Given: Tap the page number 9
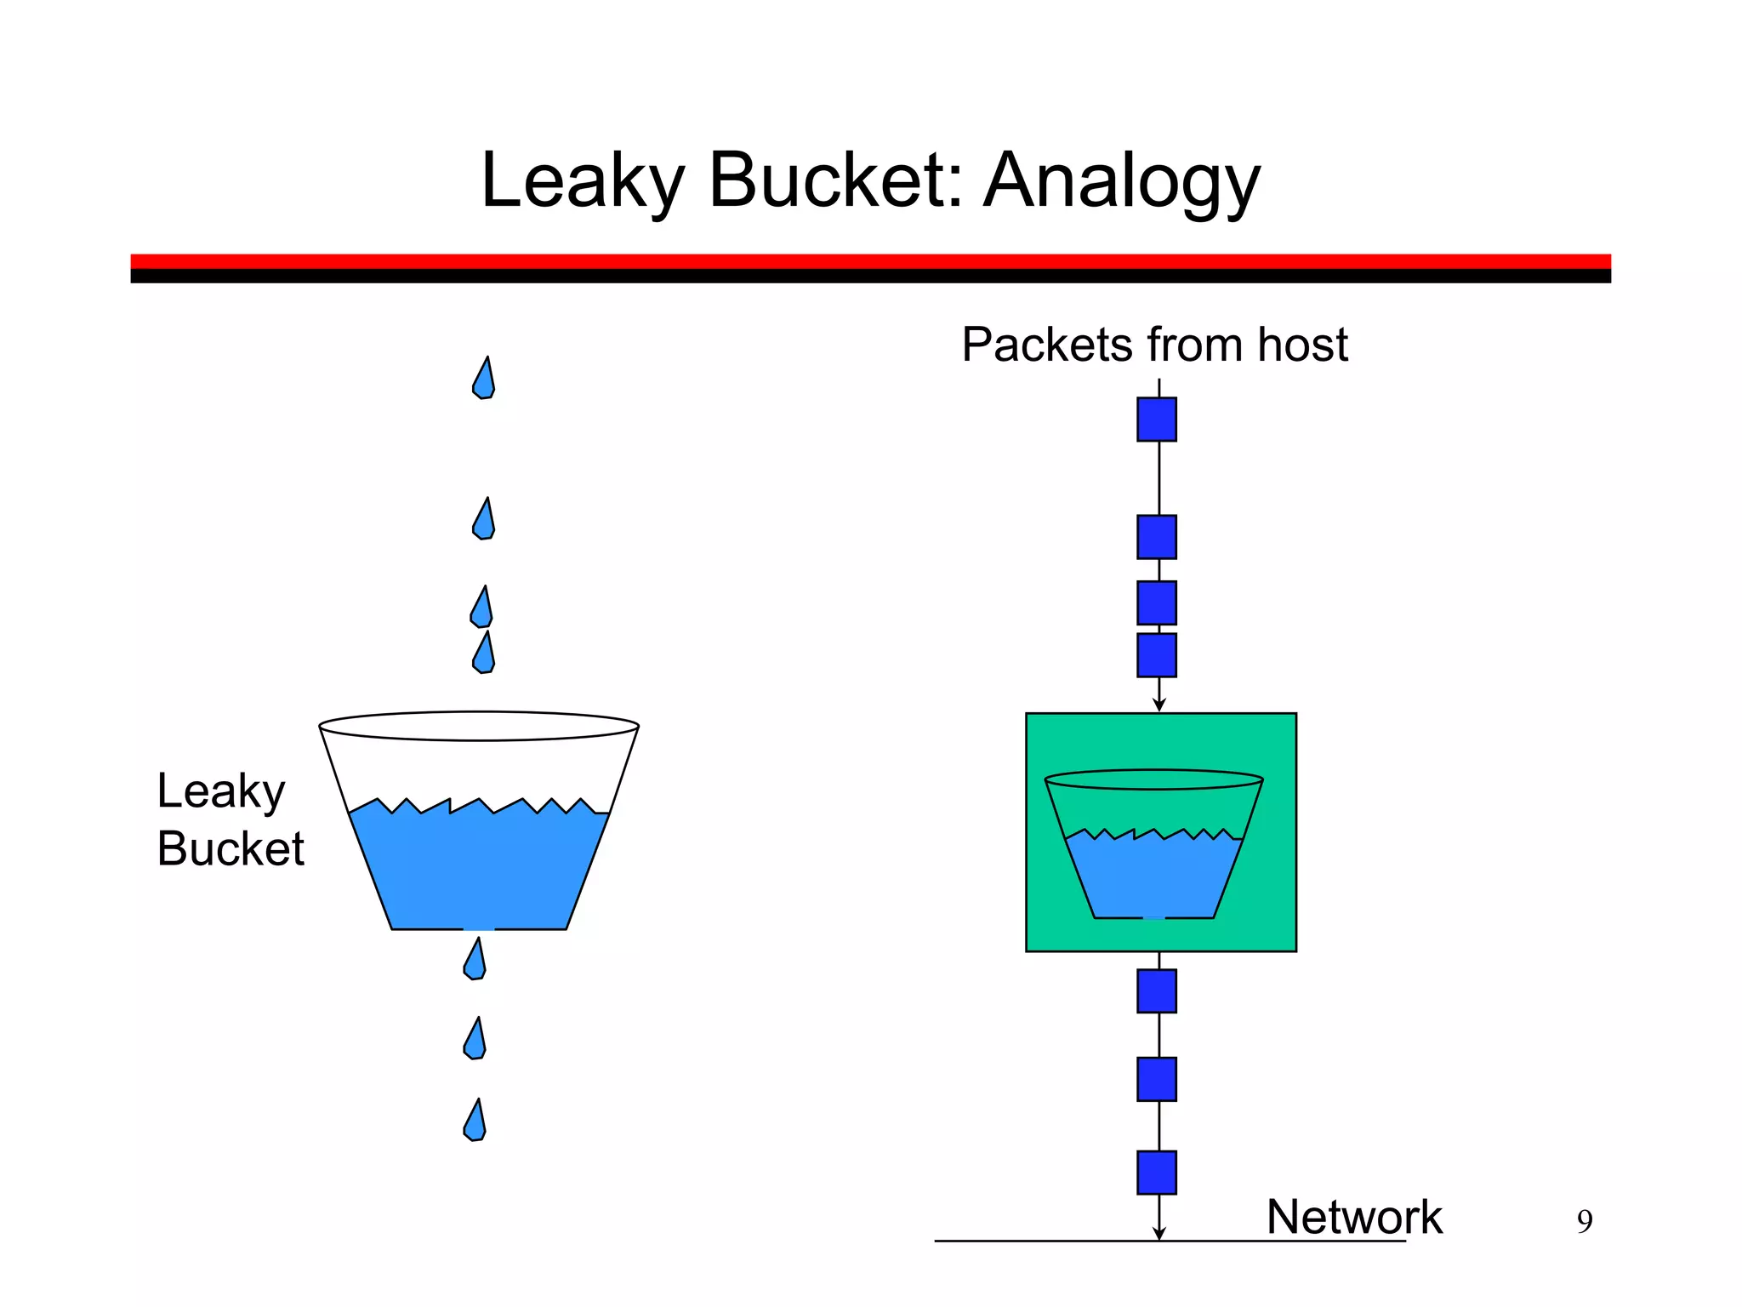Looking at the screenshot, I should coord(1584,1222).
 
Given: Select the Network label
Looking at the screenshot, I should coord(1354,1217).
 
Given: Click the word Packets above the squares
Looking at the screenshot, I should coord(1047,345).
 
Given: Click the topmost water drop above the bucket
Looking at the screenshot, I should coord(484,380).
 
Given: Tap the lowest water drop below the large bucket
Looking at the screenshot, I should coord(475,1122).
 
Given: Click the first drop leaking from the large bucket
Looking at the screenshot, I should coord(475,961).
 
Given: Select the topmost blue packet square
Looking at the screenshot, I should coord(1157,419).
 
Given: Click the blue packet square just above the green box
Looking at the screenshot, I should coord(1157,655).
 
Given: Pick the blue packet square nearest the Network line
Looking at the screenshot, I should coord(1157,1173).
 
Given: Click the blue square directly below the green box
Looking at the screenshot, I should coord(1157,991).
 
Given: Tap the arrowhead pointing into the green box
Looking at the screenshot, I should coord(1158,705).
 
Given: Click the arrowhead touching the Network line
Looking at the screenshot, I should coord(1158,1234).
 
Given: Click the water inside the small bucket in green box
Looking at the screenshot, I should coord(1153,876).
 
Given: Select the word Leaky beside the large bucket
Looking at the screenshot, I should coord(220,791).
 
